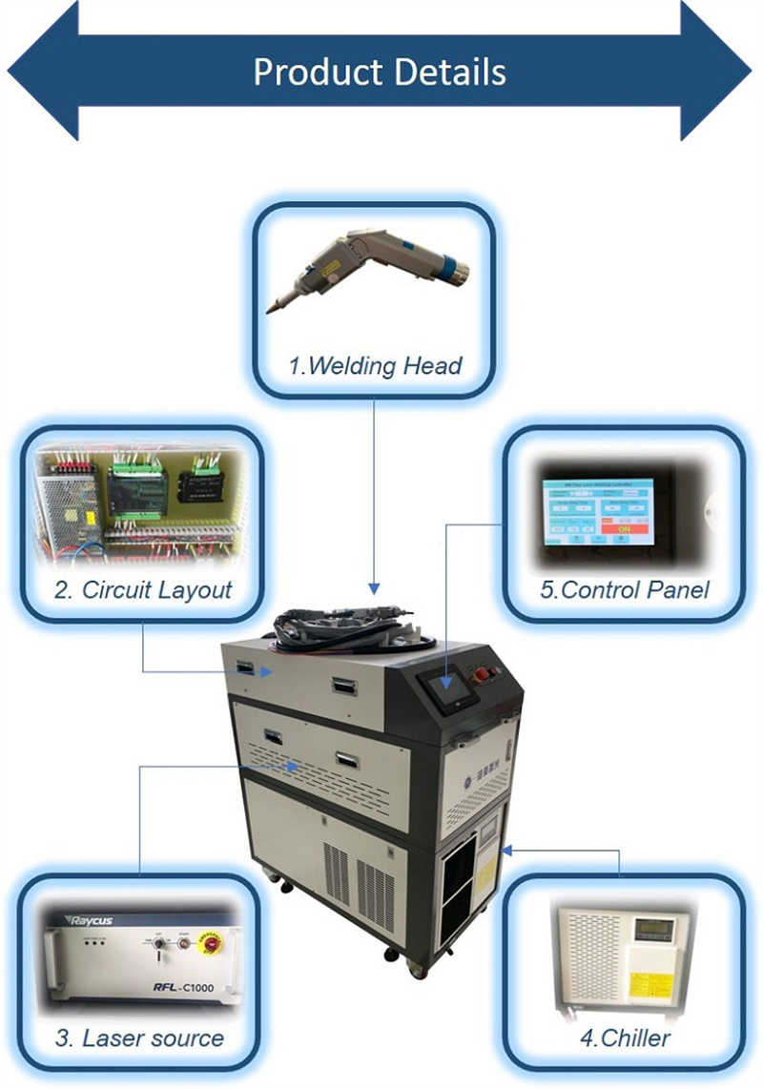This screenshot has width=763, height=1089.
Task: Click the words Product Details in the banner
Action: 380,72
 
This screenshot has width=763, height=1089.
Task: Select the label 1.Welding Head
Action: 375,365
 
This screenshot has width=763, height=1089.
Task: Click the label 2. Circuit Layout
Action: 143,589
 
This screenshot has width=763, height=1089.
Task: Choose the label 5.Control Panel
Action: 625,589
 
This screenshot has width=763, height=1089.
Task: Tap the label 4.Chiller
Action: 624,1038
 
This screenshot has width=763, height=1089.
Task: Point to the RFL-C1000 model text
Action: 182,988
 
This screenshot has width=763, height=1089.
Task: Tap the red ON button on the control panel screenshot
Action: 624,527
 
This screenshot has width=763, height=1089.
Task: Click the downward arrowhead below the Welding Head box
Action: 374,587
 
